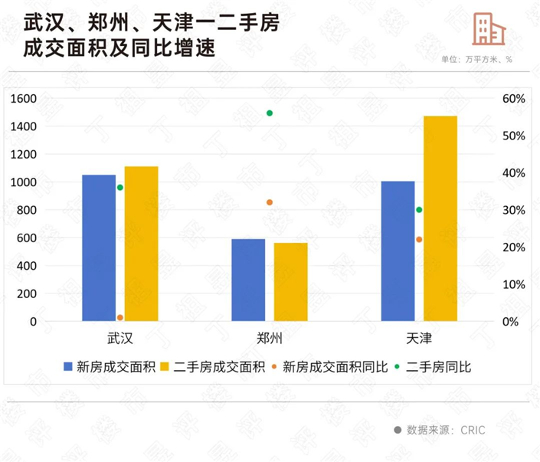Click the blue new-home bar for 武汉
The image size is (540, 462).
coord(99,247)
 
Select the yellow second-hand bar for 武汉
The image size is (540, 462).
coord(141,244)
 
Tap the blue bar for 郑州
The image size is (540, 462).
coord(248,280)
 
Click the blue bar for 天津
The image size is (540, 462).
coord(398,251)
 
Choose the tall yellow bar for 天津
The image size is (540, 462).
coord(440,218)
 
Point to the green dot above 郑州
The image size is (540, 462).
coord(270,113)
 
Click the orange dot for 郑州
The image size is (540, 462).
coord(270,202)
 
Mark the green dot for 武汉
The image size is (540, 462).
coord(120,188)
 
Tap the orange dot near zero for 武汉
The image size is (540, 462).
coord(120,317)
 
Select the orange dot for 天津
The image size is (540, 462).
coord(419,240)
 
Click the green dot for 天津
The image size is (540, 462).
coord(419,210)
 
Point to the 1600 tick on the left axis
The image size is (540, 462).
coord(24,98)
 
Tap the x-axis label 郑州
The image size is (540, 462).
coord(270,339)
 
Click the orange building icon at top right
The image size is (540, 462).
coord(489,30)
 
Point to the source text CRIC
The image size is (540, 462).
coord(473,431)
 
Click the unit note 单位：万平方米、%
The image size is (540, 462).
coord(476,59)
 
